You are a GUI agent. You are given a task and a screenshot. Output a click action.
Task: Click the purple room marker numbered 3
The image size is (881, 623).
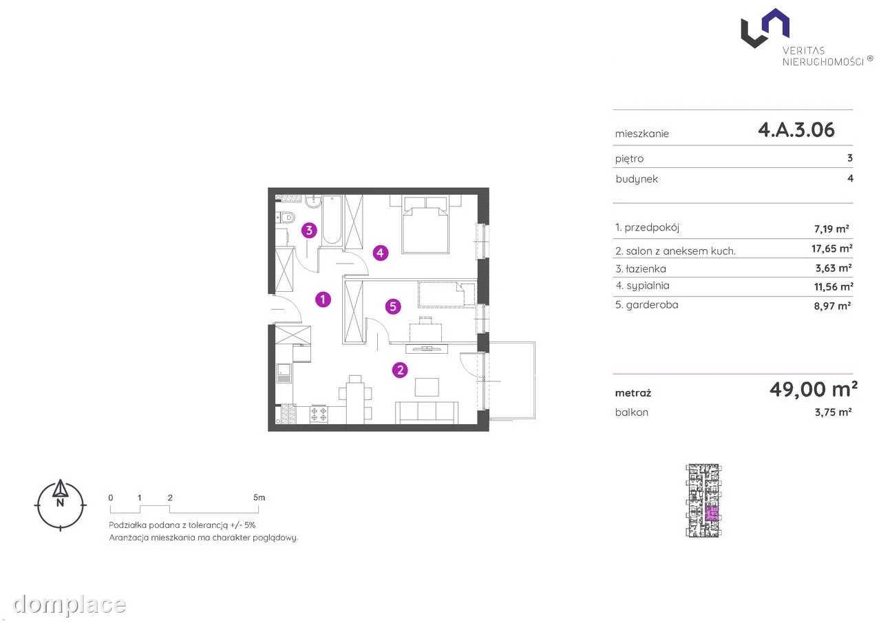[309, 231]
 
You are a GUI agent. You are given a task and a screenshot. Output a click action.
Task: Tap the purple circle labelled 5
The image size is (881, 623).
[393, 306]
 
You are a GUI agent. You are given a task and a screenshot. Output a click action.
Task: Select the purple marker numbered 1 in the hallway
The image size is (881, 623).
[323, 299]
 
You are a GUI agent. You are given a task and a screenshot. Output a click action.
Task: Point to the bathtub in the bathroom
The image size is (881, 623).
[332, 220]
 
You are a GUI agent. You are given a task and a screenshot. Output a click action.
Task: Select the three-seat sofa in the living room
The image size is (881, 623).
[427, 412]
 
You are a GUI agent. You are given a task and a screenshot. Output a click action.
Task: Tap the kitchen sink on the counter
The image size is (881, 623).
[284, 373]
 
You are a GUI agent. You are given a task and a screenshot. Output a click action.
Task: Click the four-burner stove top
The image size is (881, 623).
[319, 414]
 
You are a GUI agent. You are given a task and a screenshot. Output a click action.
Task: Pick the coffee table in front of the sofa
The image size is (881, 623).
[427, 387]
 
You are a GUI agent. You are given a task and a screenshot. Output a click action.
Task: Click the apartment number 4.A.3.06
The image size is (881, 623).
[796, 129]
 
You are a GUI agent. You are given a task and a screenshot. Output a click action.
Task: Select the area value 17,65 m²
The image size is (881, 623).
[832, 249]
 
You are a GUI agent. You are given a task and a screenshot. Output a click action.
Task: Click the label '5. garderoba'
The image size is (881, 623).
[646, 305]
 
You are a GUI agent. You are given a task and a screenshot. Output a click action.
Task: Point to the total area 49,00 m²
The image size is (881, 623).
[814, 389]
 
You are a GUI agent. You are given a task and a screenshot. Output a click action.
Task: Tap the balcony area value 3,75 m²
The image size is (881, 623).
[833, 412]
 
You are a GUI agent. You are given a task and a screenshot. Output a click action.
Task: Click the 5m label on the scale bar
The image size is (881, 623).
[259, 498]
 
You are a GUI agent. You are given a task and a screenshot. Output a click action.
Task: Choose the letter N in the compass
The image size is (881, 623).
[60, 503]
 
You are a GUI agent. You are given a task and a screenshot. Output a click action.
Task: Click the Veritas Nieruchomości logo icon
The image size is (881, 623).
[765, 28]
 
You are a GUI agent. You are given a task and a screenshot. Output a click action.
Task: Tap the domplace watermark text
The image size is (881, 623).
[70, 604]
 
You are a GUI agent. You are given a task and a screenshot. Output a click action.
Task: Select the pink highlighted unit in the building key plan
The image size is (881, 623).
[712, 514]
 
